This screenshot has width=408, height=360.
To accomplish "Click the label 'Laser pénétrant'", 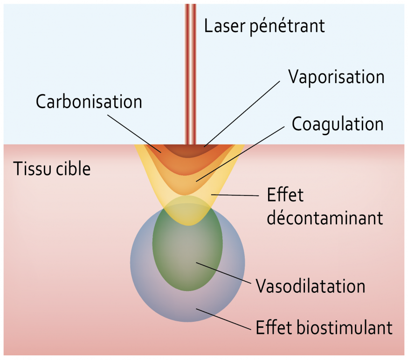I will [x=264, y=26].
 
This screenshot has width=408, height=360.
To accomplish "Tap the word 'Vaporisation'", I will [x=336, y=77].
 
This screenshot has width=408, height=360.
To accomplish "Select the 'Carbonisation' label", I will [x=89, y=102].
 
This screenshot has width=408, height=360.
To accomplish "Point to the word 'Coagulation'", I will [x=338, y=124].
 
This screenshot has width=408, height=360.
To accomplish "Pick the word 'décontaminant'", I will [x=325, y=218].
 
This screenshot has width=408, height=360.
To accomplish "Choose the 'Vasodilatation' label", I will [x=311, y=285].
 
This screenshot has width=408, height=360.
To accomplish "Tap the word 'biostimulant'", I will [x=344, y=327].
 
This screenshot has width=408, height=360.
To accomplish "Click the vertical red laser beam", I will [x=190, y=70].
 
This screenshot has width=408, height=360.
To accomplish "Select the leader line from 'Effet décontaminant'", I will [x=238, y=194].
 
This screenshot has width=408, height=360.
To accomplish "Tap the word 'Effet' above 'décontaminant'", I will [x=285, y=194].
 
